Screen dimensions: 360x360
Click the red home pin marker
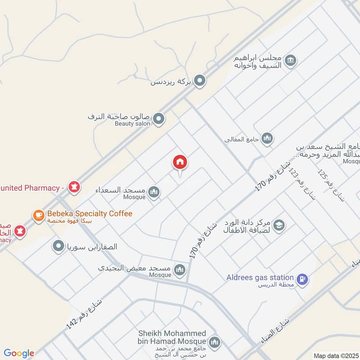coord(180,162)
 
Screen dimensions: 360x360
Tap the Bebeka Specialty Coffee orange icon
coord(39,215)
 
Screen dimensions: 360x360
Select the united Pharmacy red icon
coord(73,186)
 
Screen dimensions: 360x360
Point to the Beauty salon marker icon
coord(158,119)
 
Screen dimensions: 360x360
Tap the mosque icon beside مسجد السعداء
coord(154,192)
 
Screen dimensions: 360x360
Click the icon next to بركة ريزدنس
coord(200,81)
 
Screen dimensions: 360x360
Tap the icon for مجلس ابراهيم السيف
coord(290,60)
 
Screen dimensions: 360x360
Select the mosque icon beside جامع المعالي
coord(267,138)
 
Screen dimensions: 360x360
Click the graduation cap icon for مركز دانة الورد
coord(279,225)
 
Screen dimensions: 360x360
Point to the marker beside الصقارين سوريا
coord(58,247)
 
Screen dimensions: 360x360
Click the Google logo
coord(19,353)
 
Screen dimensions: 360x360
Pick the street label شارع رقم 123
coord(302,184)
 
